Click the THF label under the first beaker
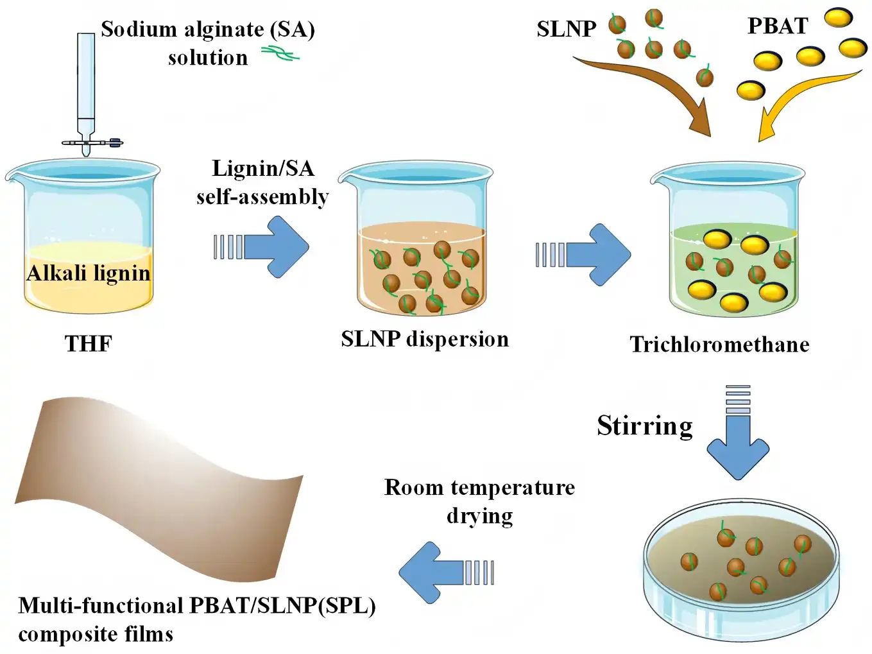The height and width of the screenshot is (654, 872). tap(89, 343)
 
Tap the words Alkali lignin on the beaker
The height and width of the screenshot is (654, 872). tap(89, 273)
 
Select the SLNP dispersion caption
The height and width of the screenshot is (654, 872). tap(425, 339)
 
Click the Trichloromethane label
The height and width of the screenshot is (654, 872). tap(719, 345)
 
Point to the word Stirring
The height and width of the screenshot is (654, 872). tap(645, 426)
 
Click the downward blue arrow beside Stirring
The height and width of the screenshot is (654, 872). tap(738, 443)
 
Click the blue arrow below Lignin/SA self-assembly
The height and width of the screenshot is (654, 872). tap(273, 246)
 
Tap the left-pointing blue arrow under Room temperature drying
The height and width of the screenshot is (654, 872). tap(436, 572)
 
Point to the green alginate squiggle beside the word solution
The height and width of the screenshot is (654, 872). tap(280, 54)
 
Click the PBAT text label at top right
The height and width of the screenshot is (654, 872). tap(777, 26)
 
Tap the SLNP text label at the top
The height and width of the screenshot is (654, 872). tap(566, 30)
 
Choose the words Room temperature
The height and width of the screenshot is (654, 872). tap(479, 488)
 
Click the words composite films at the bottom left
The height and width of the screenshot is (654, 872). tap(96, 634)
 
